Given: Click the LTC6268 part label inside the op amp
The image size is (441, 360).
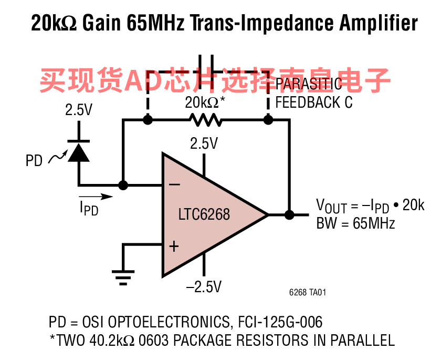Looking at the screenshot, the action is click(204, 214).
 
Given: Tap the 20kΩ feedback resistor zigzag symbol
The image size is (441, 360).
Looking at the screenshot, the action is click(206, 120).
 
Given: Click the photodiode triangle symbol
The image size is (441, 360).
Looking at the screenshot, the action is click(79, 152).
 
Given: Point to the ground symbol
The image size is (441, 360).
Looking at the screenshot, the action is click(123, 278).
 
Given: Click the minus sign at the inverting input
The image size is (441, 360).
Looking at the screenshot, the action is click(174, 184).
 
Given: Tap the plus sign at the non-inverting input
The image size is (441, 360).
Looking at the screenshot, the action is click(174, 246).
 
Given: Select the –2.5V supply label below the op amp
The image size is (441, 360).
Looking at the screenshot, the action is click(204, 287).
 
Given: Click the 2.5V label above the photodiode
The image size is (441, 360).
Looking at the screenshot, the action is click(79, 110).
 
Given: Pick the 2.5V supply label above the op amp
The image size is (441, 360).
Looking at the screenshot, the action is click(204, 143).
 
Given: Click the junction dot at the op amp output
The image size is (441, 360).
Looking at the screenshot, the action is click(289, 215).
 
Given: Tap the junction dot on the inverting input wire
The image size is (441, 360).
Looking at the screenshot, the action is click(123, 185).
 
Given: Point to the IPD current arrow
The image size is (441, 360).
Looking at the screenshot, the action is click(96, 197).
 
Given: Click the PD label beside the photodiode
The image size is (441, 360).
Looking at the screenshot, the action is click(34, 161).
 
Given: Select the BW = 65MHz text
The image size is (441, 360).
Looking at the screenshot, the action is click(355, 223).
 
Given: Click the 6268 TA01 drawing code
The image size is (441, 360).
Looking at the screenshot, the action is click(308, 292).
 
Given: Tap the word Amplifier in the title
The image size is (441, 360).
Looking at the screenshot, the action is click(379, 23).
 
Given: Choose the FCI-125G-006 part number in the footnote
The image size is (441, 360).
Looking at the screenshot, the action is click(280, 322).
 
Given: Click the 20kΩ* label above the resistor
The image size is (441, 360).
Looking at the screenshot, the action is click(205, 102).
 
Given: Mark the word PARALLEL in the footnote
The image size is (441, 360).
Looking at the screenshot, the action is click(363, 341).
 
